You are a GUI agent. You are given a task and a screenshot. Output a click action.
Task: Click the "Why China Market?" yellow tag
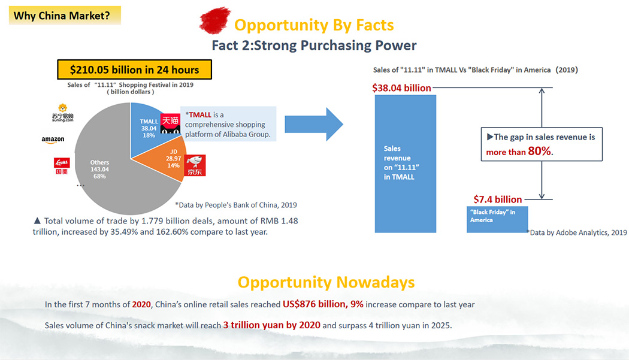tap(65, 16)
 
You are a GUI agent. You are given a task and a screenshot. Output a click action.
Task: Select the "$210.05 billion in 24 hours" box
tap(134, 69)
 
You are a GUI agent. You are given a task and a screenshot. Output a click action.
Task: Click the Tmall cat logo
tap(170, 123)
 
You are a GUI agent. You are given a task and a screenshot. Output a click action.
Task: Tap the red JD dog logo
tap(195, 165)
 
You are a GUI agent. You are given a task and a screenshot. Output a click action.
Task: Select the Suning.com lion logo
tap(62, 113)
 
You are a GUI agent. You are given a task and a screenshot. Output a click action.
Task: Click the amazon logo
tap(53, 140)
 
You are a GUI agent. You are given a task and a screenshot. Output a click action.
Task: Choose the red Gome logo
tap(62, 166)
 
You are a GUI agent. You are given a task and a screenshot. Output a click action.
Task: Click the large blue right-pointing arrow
tap(314, 124)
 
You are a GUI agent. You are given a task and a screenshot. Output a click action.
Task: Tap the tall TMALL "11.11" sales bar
tap(405, 164)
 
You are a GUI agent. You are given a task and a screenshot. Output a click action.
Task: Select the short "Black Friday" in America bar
tap(497, 219)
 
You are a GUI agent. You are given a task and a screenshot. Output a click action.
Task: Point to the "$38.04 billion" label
tap(401, 88)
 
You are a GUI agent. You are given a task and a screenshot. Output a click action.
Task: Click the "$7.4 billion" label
tap(497, 199)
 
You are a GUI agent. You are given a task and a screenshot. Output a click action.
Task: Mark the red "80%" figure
tap(540, 151)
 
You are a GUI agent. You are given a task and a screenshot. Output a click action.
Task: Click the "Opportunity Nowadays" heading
tap(326, 283)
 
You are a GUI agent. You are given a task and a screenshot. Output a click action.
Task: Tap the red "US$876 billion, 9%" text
tap(323, 304)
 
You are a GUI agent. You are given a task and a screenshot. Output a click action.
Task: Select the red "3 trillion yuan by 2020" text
tap(272, 325)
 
